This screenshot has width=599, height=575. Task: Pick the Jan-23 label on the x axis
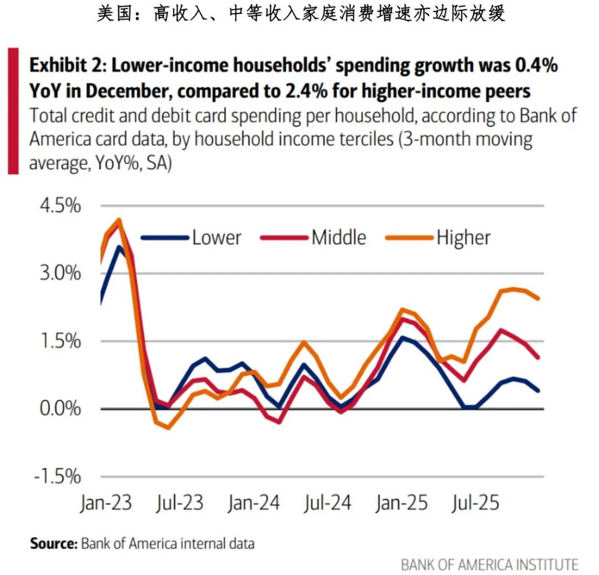(x=106, y=503)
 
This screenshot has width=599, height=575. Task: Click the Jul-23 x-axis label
(x=179, y=503)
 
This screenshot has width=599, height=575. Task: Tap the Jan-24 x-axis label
(x=253, y=503)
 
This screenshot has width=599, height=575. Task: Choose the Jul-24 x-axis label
(x=327, y=503)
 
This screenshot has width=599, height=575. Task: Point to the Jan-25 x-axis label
(x=402, y=503)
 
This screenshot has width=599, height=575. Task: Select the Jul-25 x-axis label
(x=475, y=503)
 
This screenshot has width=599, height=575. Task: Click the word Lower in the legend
(x=216, y=238)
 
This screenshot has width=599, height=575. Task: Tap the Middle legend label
(x=339, y=238)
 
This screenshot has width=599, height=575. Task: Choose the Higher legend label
(x=464, y=238)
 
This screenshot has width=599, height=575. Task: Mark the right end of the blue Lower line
(x=539, y=391)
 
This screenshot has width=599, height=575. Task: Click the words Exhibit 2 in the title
(x=67, y=65)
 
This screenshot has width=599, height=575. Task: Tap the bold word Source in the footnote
(x=53, y=543)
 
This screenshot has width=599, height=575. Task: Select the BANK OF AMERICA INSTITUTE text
(x=489, y=564)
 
